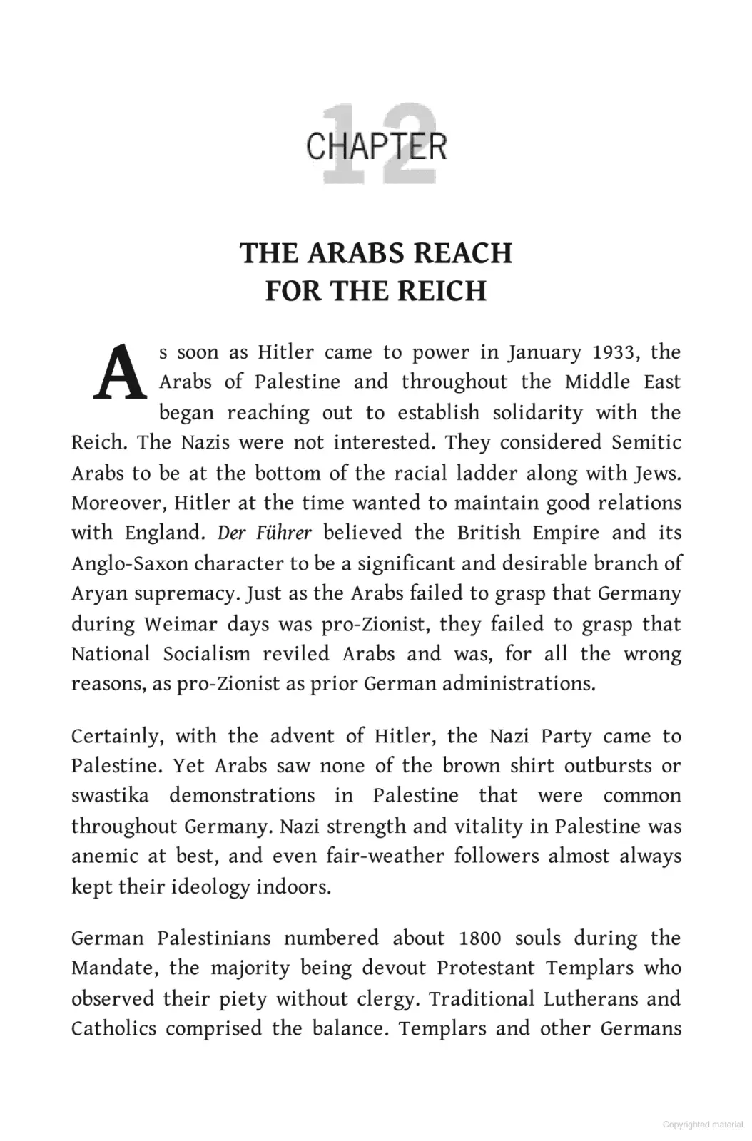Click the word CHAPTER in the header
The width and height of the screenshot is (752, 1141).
click(x=376, y=147)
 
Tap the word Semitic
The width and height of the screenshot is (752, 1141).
click(x=646, y=442)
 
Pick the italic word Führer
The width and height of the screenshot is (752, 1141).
click(x=283, y=533)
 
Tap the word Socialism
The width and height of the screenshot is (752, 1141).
click(x=206, y=654)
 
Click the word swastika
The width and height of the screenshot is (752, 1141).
click(x=110, y=795)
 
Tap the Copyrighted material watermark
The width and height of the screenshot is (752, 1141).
click(x=702, y=1125)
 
